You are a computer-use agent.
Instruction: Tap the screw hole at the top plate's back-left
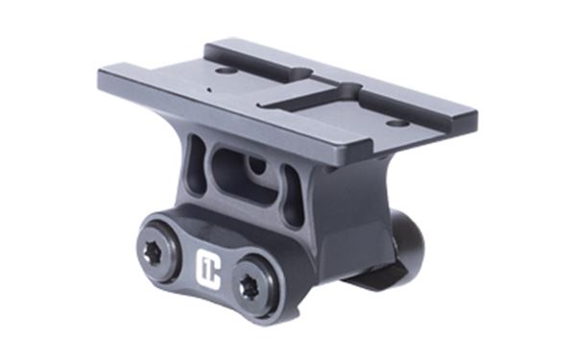pyautogui.click(x=224, y=68)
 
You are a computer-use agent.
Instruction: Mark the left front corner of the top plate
pyautogui.click(x=102, y=76)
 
